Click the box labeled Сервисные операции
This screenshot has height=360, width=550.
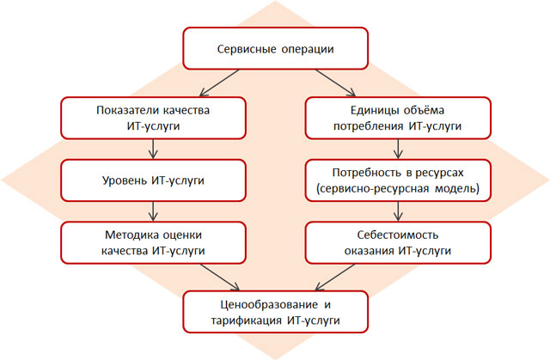point(275,48)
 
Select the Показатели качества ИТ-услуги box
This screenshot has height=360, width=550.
point(153,118)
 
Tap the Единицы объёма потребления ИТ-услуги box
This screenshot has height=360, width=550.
point(398,118)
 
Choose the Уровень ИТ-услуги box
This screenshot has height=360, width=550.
point(153,180)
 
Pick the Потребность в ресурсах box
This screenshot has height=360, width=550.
point(398,180)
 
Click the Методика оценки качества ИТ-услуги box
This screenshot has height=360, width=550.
point(153,242)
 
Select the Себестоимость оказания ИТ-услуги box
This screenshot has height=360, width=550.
point(398,242)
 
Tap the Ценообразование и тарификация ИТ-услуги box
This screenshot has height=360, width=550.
point(275,312)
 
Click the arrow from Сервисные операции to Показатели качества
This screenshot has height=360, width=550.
point(219,82)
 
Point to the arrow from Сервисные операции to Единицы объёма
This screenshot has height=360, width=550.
point(336,82)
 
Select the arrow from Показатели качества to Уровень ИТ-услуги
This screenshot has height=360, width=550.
point(153,149)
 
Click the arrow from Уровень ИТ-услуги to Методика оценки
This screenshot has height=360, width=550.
point(153,211)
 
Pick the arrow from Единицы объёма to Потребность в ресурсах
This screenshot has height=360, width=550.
point(398,149)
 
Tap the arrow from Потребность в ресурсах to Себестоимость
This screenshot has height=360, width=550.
point(398,211)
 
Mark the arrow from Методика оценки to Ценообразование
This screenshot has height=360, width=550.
point(220,278)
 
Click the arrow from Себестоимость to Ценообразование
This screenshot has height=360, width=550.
point(335,278)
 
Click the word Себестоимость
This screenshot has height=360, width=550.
point(398,235)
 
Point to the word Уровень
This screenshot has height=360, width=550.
point(125,180)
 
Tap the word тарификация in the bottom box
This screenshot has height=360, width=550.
point(247,320)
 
